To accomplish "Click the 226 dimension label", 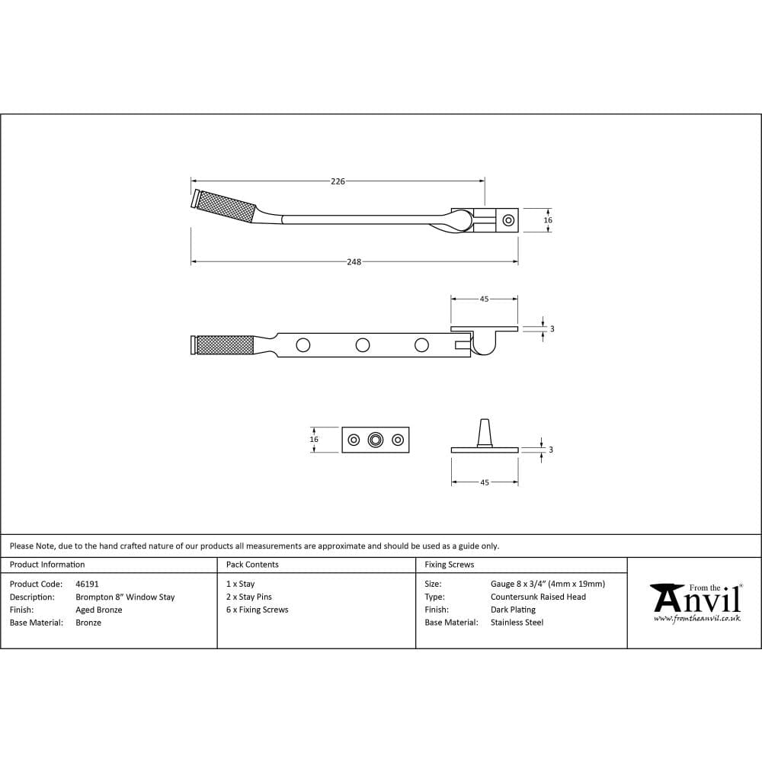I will pyautogui.click(x=338, y=181).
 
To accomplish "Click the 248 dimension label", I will pyautogui.click(x=354, y=262).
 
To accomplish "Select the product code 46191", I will pyautogui.click(x=88, y=584).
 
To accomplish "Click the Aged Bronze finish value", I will pyautogui.click(x=99, y=610).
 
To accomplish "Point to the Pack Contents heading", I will pyautogui.click(x=252, y=565).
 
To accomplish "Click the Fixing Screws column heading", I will pyautogui.click(x=450, y=565).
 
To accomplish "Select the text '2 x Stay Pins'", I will pyautogui.click(x=249, y=597).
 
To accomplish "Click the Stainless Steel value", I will pyautogui.click(x=517, y=623).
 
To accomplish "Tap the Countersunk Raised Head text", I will pyautogui.click(x=538, y=597).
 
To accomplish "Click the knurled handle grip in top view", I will pyautogui.click(x=225, y=206).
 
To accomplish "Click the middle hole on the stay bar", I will pyautogui.click(x=363, y=345).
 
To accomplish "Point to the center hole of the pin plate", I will pyautogui.click(x=375, y=440).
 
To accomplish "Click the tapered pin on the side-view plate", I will pyautogui.click(x=484, y=432).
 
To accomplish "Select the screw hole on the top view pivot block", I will pyautogui.click(x=508, y=221).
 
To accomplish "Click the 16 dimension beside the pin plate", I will pyautogui.click(x=314, y=440).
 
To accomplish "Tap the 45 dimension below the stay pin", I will pyautogui.click(x=485, y=483).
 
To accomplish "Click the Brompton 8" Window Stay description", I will pyautogui.click(x=125, y=597).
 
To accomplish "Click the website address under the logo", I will pyautogui.click(x=696, y=619).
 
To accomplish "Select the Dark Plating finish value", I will pyautogui.click(x=513, y=610).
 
